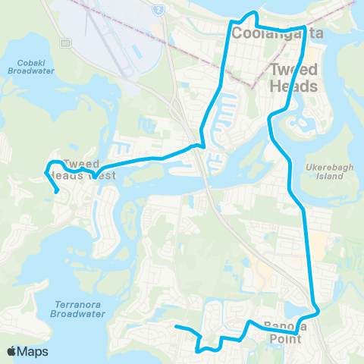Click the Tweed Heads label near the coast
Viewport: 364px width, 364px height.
point(293,78)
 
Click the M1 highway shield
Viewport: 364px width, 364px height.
point(65,43)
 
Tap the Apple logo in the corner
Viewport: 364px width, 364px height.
point(11,351)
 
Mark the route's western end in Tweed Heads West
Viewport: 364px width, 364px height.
point(58,192)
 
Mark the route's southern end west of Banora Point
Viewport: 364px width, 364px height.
point(176,327)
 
